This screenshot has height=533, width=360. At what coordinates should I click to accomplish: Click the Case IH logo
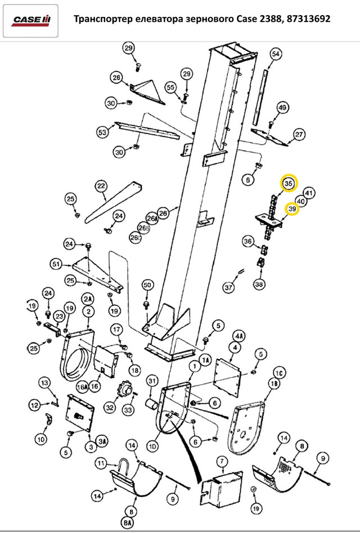[x=30, y=21]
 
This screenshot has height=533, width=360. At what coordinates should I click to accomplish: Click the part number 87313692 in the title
[x=308, y=19]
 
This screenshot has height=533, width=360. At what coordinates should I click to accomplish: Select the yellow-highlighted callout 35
[x=289, y=183]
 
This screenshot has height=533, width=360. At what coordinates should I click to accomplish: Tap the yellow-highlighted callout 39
[x=292, y=209]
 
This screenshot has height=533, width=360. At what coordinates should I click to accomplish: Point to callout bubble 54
[x=276, y=54]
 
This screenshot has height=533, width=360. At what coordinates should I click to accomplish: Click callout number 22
[x=101, y=186]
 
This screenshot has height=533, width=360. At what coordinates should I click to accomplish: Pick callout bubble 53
[x=102, y=132]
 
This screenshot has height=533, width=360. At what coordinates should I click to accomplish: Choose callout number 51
[x=57, y=264]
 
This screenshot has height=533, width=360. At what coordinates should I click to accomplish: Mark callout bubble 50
[x=147, y=285]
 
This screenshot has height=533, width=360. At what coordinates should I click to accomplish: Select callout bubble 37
[x=228, y=287]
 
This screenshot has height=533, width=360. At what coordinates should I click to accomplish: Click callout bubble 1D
[x=152, y=446]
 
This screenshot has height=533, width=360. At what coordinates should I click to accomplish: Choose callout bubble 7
[x=222, y=461]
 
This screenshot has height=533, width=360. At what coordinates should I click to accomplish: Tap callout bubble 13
[x=45, y=383]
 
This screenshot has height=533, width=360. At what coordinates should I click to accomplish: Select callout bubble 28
[x=116, y=78]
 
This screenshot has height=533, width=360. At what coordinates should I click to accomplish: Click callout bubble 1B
[x=274, y=384]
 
